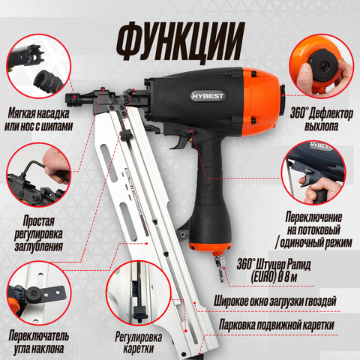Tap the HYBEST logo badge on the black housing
[x=207, y=96]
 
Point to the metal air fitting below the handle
[x=220, y=266]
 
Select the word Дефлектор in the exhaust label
[x=331, y=114]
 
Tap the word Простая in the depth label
[x=39, y=221]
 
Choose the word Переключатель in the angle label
[x=39, y=336]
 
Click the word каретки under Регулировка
[x=138, y=348]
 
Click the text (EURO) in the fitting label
[x=263, y=277]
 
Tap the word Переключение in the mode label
[x=313, y=217]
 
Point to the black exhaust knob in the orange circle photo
[x=323, y=65]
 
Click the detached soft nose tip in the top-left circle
[x=47, y=79]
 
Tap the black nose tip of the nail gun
[x=73, y=98]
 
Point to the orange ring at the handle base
[x=209, y=247]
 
